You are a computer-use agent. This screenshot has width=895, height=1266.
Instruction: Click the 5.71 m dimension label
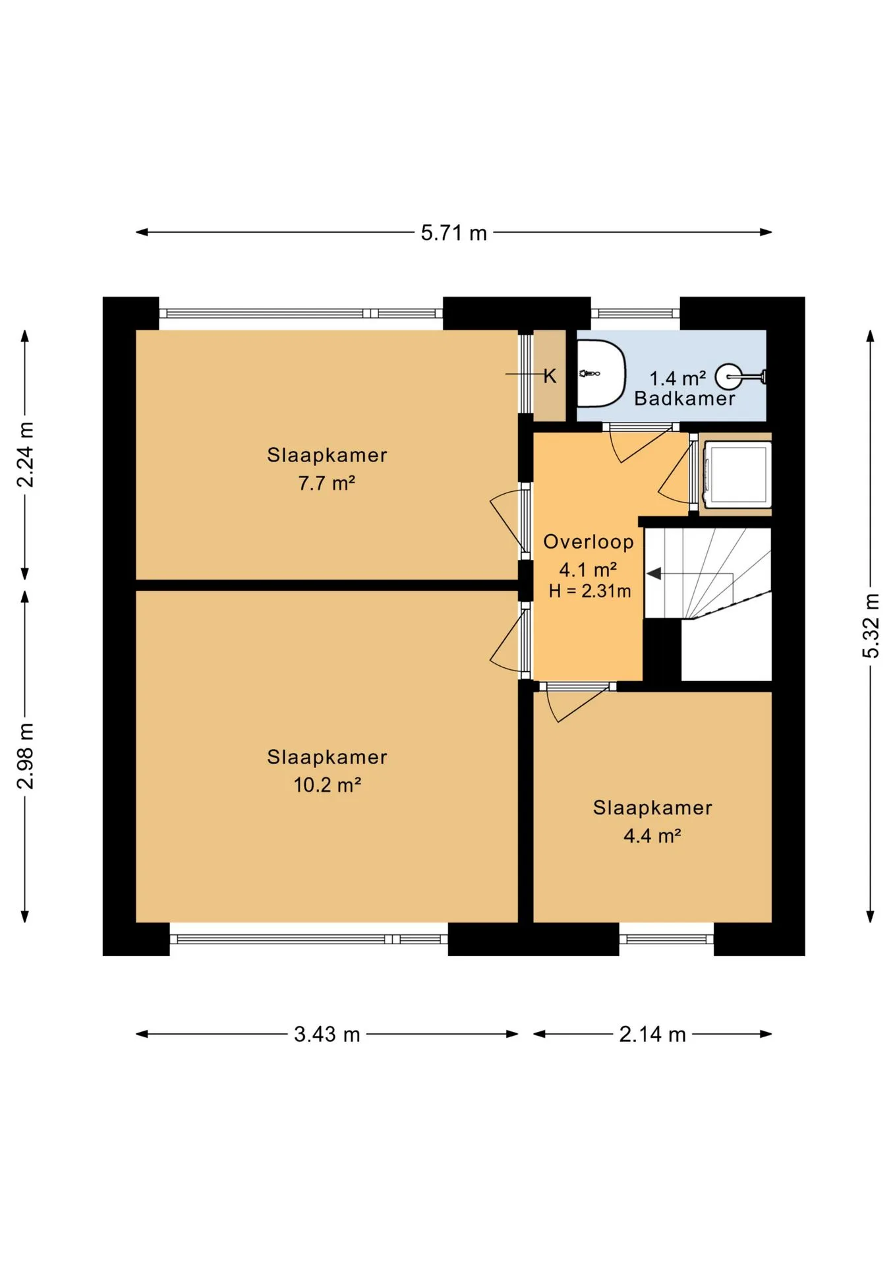453,233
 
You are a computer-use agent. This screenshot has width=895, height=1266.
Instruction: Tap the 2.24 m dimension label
25,455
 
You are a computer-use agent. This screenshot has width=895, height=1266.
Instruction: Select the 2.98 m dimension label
25,756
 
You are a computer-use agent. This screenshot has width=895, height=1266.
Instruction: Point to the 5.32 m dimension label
871,625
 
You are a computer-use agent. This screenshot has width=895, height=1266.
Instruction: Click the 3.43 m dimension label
327,1034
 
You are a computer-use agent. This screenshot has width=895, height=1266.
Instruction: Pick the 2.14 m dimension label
652,1034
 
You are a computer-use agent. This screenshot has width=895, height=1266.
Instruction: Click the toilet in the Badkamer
601,373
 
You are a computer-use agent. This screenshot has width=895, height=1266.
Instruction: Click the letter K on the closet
550,376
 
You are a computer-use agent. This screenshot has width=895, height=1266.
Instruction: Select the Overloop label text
589,542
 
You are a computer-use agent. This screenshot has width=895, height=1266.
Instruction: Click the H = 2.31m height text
590,591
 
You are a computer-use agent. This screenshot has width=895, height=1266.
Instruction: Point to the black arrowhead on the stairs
654,574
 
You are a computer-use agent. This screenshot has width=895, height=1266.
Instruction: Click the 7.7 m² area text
327,483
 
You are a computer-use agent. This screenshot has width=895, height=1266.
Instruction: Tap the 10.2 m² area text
327,785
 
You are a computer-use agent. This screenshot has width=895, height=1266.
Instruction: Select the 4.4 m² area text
652,835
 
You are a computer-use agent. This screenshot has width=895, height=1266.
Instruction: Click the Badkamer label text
685,398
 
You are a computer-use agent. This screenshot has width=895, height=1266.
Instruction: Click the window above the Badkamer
635,313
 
